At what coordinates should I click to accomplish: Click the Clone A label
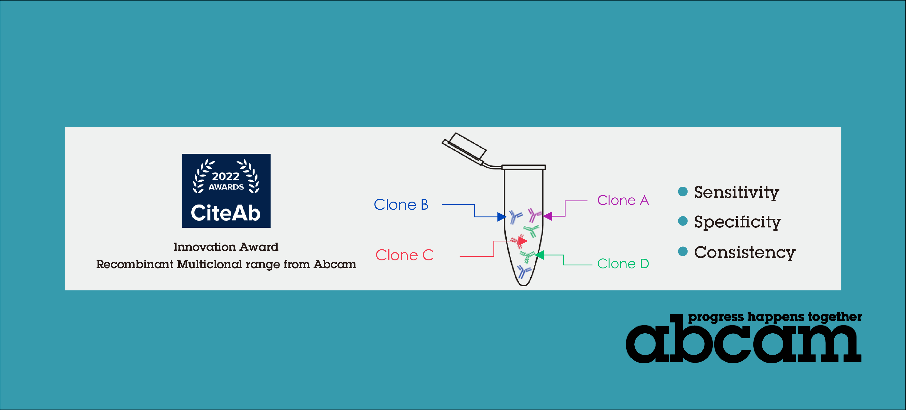point(623,200)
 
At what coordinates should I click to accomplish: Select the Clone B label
point(401,205)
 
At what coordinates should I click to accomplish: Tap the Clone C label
point(404,255)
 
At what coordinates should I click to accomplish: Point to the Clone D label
point(623,264)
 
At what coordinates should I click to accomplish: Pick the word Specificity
point(738,222)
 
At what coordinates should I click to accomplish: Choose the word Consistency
point(745,252)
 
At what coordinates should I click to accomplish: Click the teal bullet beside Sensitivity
point(683,191)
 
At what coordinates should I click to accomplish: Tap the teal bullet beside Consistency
point(683,251)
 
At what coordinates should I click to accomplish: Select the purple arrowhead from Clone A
point(548,216)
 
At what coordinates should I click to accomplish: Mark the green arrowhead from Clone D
point(539,255)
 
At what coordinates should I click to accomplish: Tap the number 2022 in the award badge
point(226,176)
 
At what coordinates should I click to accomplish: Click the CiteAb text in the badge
point(226,213)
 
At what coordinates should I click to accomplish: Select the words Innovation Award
point(226,247)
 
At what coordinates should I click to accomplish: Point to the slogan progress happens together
point(775,317)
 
